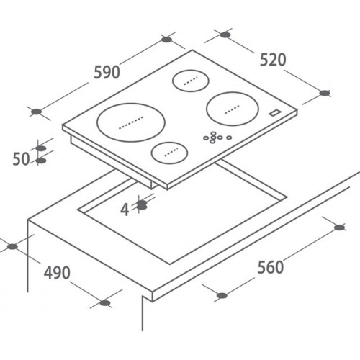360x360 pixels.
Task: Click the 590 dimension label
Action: (107, 72)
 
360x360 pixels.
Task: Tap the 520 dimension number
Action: (273, 60)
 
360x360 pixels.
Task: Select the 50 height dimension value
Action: (21, 159)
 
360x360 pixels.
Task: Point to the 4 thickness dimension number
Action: (125, 210)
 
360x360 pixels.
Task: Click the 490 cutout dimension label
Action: (57, 273)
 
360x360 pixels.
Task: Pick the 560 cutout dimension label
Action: (271, 267)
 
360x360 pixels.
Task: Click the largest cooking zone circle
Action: (131, 122)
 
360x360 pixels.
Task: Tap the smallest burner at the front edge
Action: (169, 153)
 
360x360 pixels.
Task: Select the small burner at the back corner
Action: (191, 81)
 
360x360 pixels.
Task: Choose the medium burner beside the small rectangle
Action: (233, 109)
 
